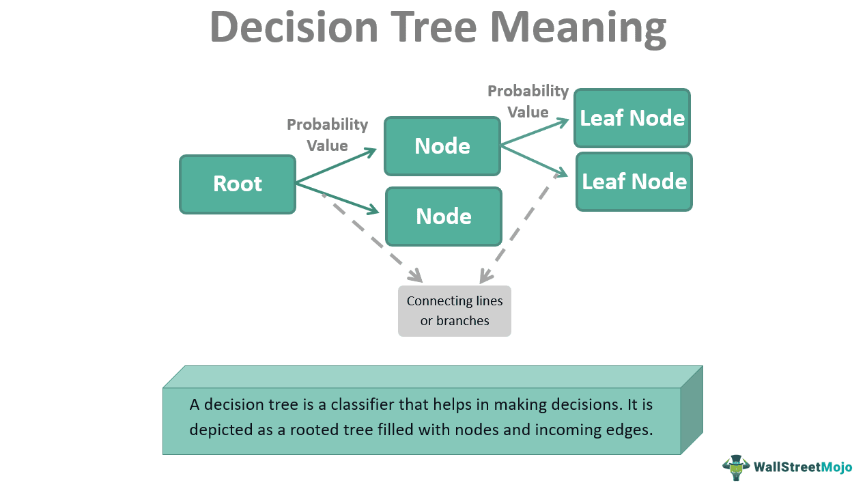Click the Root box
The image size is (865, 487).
(237, 184)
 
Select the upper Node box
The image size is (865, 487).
(442, 146)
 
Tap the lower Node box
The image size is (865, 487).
(443, 217)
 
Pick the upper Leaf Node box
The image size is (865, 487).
(632, 118)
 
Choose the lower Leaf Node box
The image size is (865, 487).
(634, 182)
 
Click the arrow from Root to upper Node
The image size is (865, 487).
(336, 166)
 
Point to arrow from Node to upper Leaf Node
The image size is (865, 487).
(535, 133)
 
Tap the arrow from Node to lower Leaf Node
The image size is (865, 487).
(535, 159)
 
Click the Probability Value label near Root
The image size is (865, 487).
(327, 135)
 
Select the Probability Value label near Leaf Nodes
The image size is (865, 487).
(528, 101)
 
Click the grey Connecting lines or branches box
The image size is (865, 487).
(454, 311)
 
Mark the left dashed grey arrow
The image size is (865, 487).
(372, 238)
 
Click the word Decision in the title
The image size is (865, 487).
(293, 27)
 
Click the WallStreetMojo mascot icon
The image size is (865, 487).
(736, 467)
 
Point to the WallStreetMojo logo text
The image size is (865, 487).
(803, 468)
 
